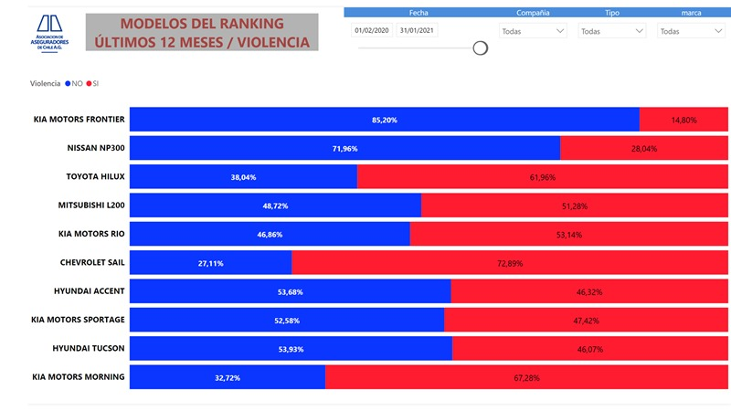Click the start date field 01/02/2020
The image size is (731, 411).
370,30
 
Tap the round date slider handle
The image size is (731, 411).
480,47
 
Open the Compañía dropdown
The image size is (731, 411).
533,30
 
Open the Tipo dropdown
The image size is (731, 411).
612,30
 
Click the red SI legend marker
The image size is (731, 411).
89,83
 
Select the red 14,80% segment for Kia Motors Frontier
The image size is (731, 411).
684,119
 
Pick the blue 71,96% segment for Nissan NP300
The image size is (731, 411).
344,148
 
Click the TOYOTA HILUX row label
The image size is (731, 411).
96,176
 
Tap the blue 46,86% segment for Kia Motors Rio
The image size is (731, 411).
270,234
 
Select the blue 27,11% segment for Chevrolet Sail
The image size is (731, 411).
210,263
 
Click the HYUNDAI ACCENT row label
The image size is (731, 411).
90,291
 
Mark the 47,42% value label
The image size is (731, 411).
584,321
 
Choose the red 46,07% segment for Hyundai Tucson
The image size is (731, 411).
589,349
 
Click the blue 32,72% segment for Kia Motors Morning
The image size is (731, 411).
227,377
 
